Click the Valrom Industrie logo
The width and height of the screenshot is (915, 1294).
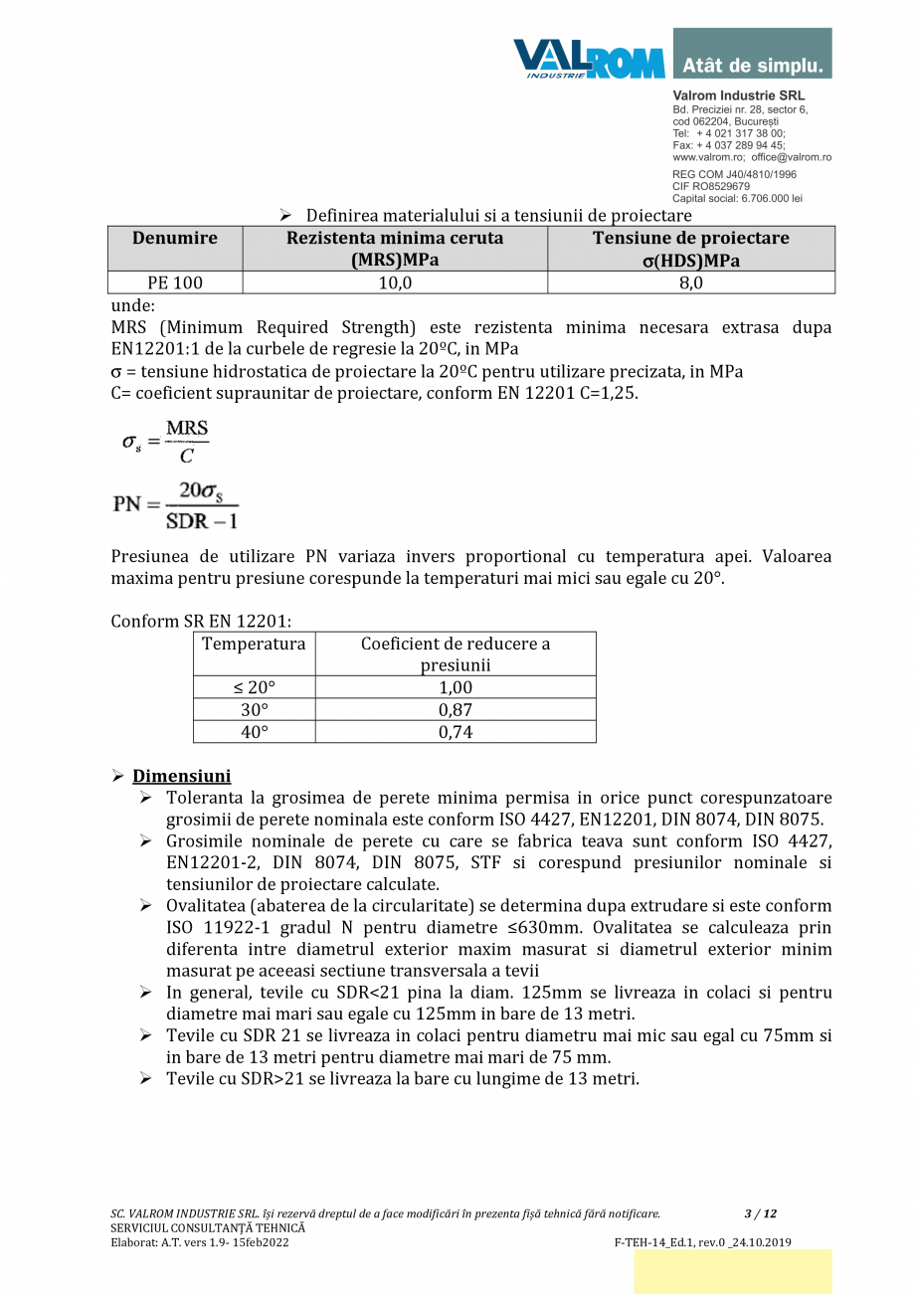(x=589, y=58)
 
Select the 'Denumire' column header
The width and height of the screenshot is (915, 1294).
(x=175, y=239)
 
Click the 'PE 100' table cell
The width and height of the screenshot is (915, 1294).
(x=175, y=283)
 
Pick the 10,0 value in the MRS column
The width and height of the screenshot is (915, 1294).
(x=395, y=283)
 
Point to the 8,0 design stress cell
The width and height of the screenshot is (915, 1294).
(x=690, y=283)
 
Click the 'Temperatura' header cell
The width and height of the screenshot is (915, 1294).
(x=254, y=644)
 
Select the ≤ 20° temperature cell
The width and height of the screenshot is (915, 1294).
(x=254, y=687)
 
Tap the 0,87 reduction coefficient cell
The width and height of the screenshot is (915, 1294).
(x=456, y=710)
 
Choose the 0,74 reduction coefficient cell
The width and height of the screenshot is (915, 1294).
(x=456, y=732)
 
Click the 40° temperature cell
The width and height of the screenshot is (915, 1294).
(x=254, y=732)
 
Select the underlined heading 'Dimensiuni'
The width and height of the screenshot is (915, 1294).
(x=182, y=776)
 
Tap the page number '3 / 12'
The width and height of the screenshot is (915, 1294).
(x=761, y=1213)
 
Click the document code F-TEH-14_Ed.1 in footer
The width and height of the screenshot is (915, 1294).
(x=663, y=1242)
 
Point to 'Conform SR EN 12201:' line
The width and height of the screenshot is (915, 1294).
(x=201, y=622)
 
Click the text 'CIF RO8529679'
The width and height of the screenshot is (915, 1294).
(x=711, y=186)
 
